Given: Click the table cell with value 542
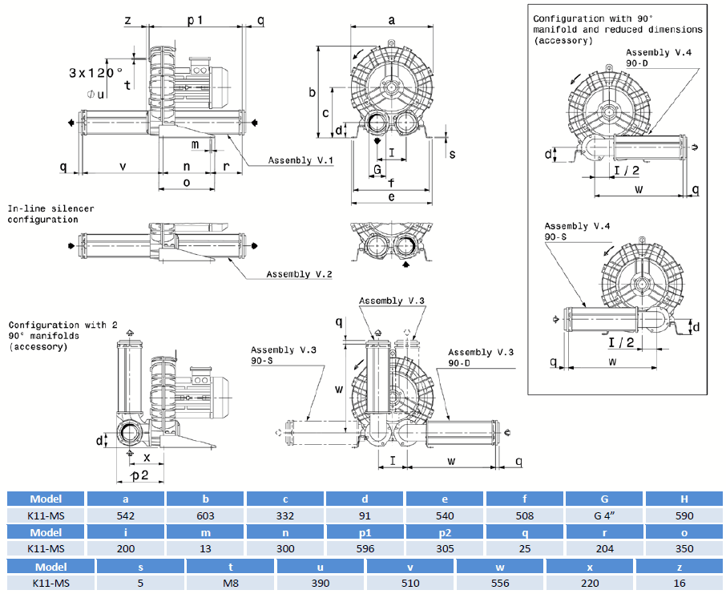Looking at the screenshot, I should tap(126, 515).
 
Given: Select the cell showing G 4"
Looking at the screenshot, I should tap(604, 515).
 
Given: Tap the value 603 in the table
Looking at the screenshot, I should tap(205, 515).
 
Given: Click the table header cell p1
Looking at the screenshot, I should tap(365, 532).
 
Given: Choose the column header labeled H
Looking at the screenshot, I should tap(684, 499).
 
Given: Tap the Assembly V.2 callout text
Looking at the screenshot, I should tap(299, 274).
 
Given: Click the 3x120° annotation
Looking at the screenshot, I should tap(95, 72).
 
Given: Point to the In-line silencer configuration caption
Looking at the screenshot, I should tap(50, 214).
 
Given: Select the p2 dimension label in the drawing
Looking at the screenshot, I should tap(139, 475).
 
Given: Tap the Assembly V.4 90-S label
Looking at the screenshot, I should tap(577, 232).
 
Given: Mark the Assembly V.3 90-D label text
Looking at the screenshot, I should tap(480, 358).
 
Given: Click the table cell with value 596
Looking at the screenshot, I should tap(365, 549).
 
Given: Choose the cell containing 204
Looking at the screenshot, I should tap(604, 549).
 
